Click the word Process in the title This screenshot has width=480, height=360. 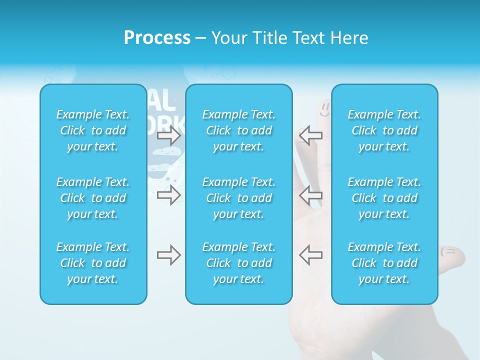click(157, 37)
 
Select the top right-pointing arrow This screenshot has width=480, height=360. click(168, 135)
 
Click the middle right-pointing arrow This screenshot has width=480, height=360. click(168, 195)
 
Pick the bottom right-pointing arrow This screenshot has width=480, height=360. click(168, 255)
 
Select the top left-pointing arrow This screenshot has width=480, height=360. click(310, 135)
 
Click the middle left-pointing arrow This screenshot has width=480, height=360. click(310, 195)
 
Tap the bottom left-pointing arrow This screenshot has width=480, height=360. click(310, 255)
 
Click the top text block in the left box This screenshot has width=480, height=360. click(93, 130)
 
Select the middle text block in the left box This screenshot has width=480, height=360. click(93, 198)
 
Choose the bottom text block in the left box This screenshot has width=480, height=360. click(93, 263)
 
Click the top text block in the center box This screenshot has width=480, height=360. click(239, 130)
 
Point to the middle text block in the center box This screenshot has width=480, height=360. click(239, 198)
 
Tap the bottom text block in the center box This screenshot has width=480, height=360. click(239, 263)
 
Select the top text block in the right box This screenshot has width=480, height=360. click(384, 130)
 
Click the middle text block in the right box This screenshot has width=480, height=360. click(384, 198)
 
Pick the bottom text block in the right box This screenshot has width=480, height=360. click(384, 263)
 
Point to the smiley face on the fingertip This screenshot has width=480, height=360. click(325, 109)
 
